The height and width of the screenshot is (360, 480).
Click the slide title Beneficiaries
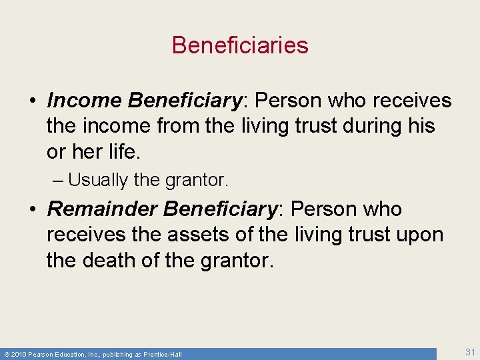pyautogui.click(x=240, y=45)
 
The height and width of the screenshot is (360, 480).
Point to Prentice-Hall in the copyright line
pyautogui.click(x=163, y=354)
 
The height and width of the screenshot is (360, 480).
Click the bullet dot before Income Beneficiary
pyautogui.click(x=32, y=101)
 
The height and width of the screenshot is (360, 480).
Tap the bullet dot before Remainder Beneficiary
pyautogui.click(x=32, y=210)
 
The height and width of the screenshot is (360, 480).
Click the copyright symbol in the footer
pyautogui.click(x=6, y=354)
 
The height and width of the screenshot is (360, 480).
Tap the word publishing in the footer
pyautogui.click(x=118, y=354)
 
